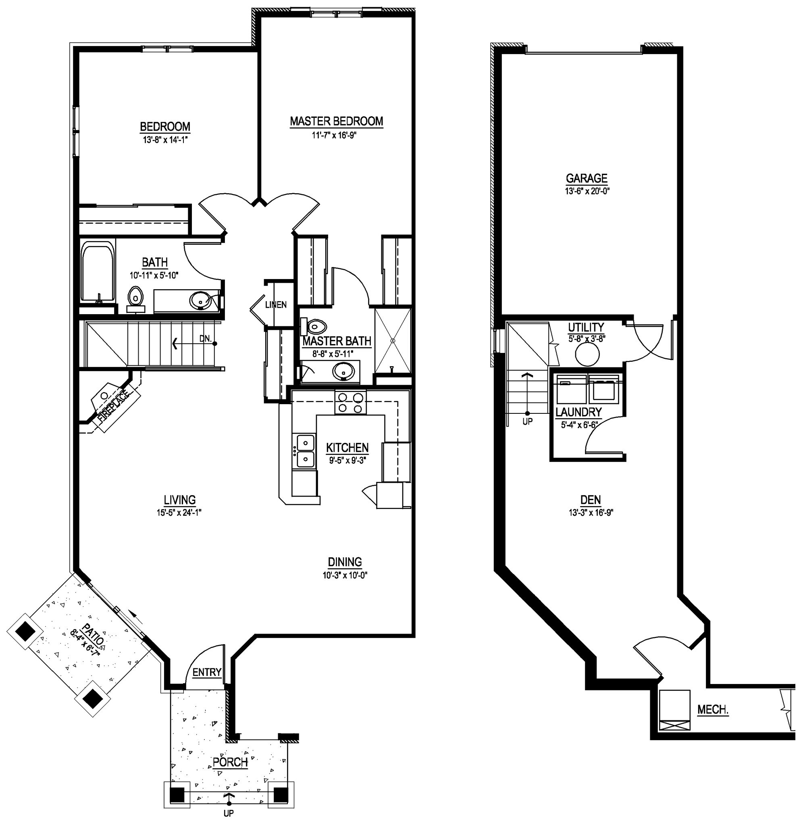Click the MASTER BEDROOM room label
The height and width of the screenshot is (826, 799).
pos(336,121)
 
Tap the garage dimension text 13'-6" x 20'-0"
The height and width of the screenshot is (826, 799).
pos(587,191)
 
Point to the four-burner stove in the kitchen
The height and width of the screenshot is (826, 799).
pos(350,403)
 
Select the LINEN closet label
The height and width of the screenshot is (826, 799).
pos(276,304)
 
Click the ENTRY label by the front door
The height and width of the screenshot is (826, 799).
pos(206,672)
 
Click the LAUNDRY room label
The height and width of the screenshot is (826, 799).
pos(578,412)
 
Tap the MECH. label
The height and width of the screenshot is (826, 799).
pos(713,710)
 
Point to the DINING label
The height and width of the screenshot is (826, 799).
pos(345,562)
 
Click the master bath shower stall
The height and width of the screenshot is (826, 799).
pos(393,340)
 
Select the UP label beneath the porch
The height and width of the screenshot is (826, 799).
pos(228,813)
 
